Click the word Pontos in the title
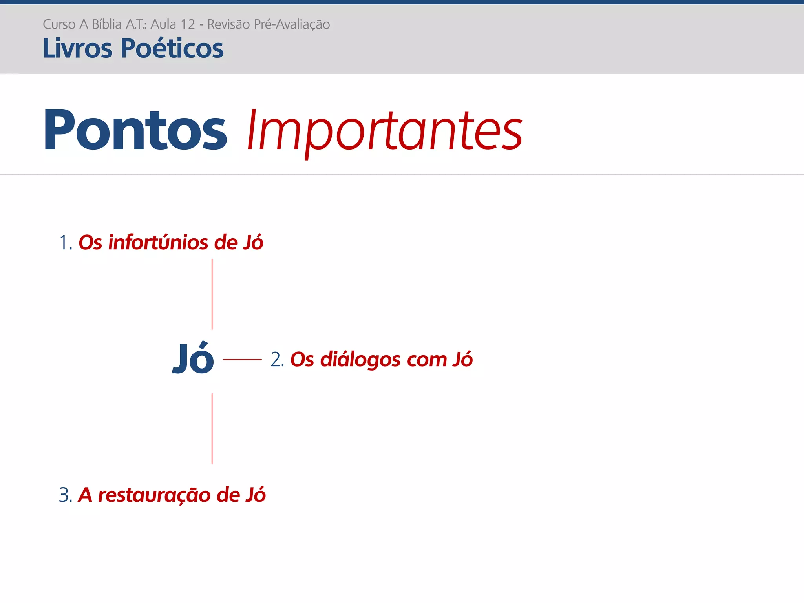pos(135,130)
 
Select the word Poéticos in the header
pos(172,49)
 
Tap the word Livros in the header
pos(78,49)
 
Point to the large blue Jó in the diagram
pos(193,358)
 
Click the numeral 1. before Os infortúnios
pos(65,243)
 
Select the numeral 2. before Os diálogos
pos(277,360)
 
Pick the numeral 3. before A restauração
pos(65,495)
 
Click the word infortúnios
pos(158,242)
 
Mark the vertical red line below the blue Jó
pos(212,429)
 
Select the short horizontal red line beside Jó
pos(242,359)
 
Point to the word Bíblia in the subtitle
pos(106,24)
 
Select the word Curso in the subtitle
pos(59,24)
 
